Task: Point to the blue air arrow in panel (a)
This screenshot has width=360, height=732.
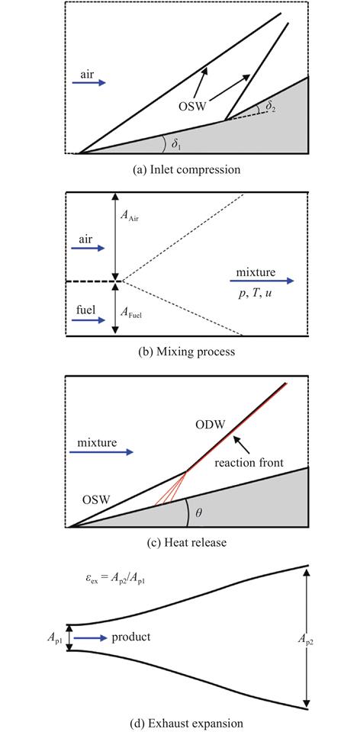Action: [x=89, y=82]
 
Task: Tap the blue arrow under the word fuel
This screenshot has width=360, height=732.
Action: [x=89, y=319]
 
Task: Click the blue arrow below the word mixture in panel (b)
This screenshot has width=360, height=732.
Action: [x=262, y=281]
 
